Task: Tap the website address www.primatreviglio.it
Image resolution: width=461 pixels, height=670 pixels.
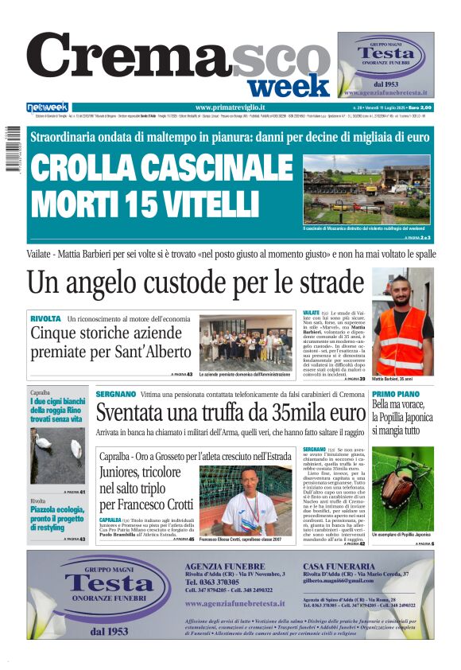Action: [x=230, y=107]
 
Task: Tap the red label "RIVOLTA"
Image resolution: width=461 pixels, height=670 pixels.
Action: [x=45, y=319]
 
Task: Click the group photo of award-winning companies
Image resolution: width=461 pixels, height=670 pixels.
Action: [x=245, y=342]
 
